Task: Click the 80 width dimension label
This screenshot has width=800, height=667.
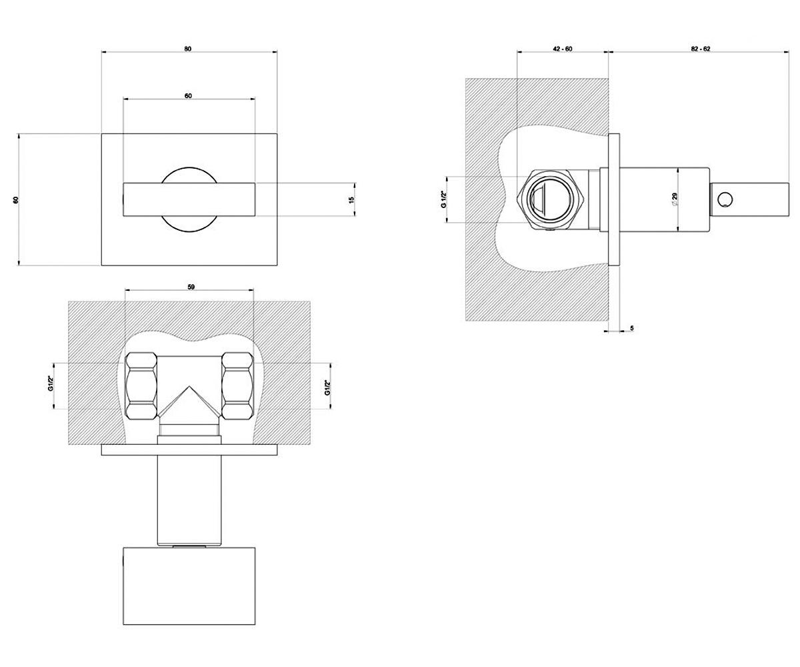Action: point(188,49)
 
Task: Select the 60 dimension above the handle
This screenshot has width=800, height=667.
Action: point(188,96)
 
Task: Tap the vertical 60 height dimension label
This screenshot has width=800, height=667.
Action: point(16,199)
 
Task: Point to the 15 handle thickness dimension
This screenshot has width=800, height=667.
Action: point(352,199)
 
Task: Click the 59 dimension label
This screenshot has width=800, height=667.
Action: point(191,287)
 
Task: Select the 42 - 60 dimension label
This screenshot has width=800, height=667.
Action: point(563,49)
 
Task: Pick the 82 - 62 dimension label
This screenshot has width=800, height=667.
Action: point(701,49)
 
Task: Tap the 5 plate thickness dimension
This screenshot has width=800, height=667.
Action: point(632,328)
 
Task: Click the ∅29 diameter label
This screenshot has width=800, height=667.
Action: point(674,199)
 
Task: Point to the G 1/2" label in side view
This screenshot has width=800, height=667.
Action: point(444,199)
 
